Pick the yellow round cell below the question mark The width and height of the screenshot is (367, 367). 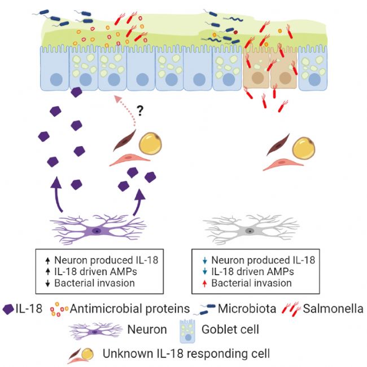(150, 144)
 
